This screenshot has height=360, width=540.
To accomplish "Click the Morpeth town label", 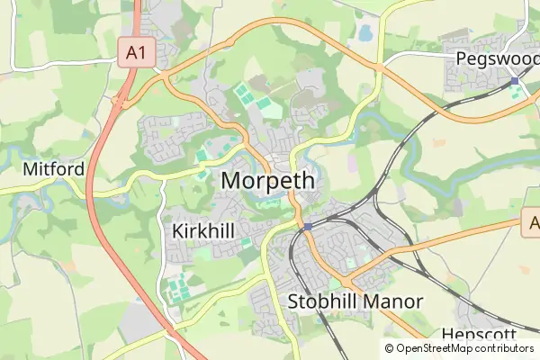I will (x=267, y=180).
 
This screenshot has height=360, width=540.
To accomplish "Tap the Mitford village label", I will (x=54, y=169).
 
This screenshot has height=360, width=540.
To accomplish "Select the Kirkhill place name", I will (x=202, y=231).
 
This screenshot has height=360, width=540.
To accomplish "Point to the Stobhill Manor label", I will (x=355, y=301).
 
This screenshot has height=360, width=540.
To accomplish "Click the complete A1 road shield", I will (x=136, y=53).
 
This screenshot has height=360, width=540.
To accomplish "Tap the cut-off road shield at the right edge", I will (x=532, y=224).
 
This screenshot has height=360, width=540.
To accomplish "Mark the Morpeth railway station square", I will (x=308, y=226).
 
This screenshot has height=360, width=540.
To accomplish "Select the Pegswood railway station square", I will (x=514, y=81).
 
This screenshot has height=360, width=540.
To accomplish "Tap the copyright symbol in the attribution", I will (x=390, y=348).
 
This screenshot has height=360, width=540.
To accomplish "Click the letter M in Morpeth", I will (x=231, y=180).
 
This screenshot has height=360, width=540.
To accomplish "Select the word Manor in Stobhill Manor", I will (x=391, y=301).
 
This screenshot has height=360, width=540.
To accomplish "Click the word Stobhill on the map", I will (x=319, y=301).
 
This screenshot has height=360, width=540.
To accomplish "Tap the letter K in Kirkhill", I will (x=175, y=231).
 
